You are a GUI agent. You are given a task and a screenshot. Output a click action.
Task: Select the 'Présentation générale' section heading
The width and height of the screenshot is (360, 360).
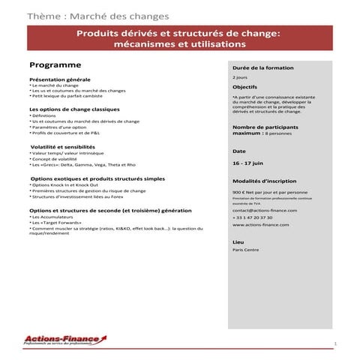pos(59,79)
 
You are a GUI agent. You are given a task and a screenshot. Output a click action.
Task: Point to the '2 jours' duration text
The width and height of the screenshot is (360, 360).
pos(240,77)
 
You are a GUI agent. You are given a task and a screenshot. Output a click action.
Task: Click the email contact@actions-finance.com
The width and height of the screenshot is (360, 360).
pos(264,211)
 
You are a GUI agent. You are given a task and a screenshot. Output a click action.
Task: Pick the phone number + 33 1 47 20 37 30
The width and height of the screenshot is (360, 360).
pos(254,218)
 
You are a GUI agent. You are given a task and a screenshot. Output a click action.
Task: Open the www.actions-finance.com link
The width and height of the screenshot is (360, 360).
pos(259,225)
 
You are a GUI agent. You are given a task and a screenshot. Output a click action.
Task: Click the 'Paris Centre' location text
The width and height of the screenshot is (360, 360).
pos(244,251)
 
